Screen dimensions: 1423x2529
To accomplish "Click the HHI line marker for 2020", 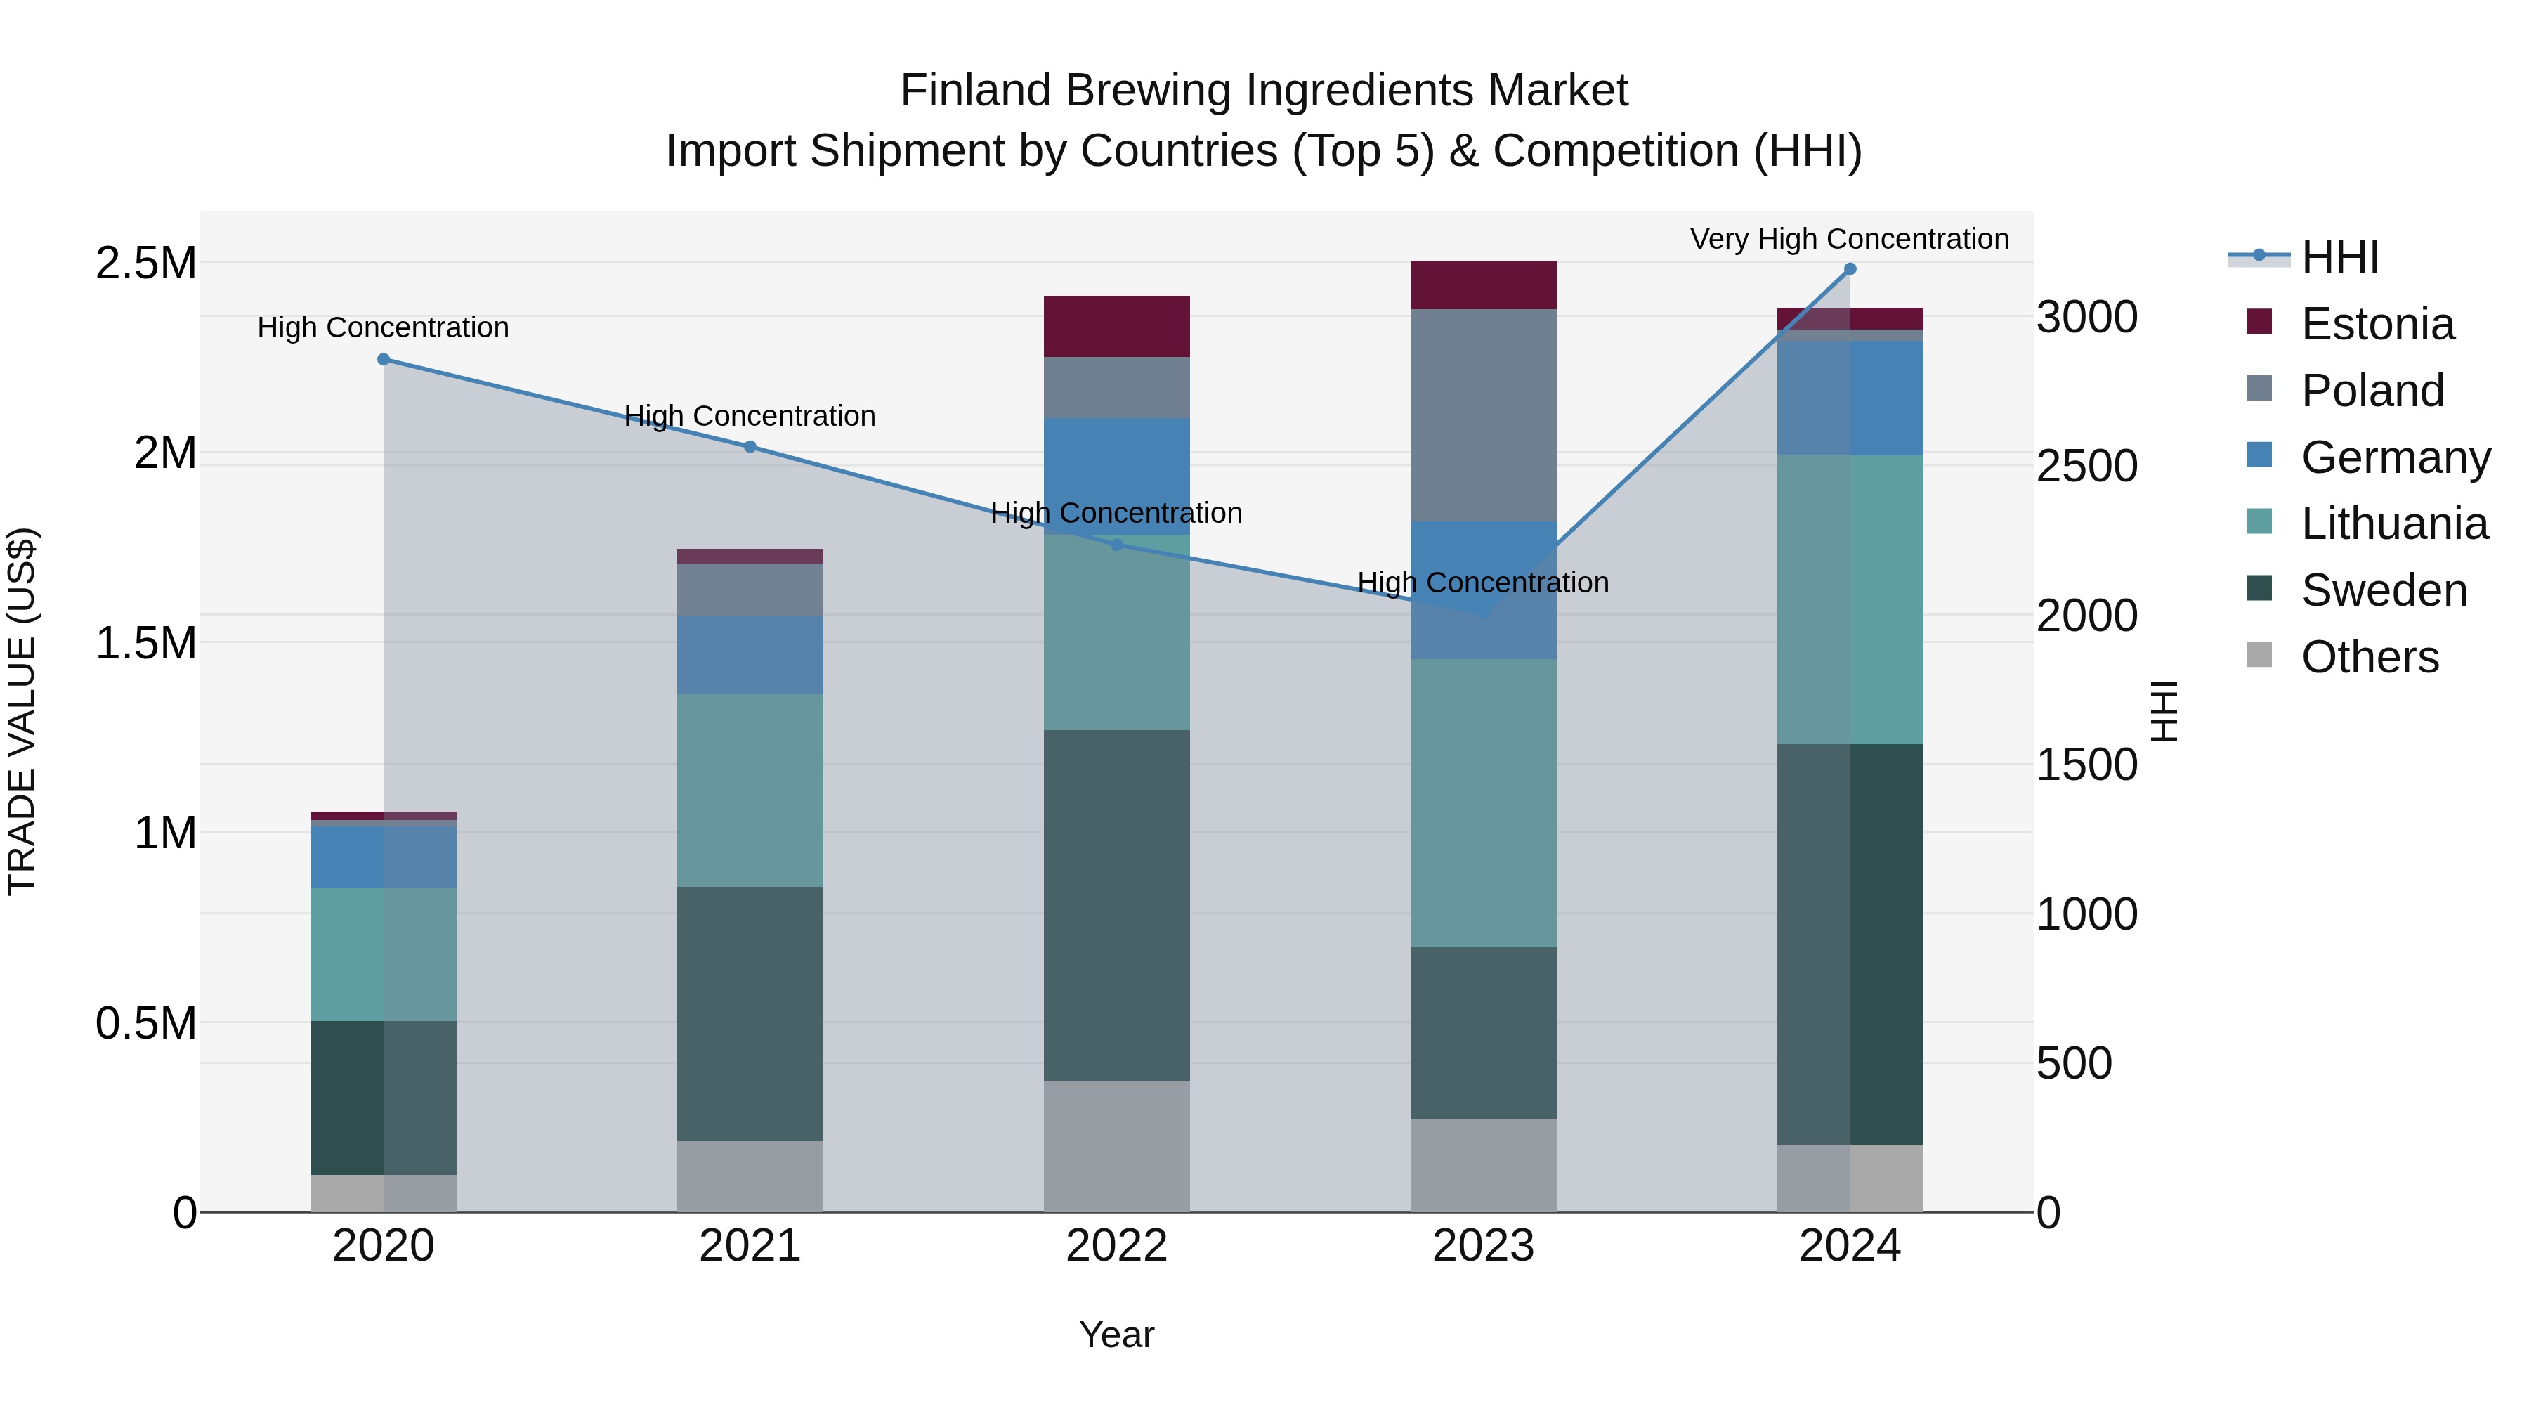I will [x=383, y=359].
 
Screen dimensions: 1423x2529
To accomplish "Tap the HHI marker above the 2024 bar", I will [x=1850, y=269].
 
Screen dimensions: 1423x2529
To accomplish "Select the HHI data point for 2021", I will [x=750, y=447].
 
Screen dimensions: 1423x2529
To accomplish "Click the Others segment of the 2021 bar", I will [x=750, y=1176].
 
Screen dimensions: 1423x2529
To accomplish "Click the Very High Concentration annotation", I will [x=1849, y=239].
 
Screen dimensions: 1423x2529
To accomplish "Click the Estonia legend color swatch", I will [x=2259, y=322].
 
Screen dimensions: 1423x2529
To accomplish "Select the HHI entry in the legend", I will [x=2339, y=257].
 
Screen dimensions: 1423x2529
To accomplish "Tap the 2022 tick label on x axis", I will [x=1116, y=1245].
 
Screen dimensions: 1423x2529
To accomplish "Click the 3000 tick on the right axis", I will [x=2086, y=317].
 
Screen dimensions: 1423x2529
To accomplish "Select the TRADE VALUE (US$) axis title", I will [x=22, y=711].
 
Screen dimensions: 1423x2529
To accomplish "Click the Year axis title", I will [x=1116, y=1334].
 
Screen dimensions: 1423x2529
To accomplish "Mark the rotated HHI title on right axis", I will [x=2164, y=711].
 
